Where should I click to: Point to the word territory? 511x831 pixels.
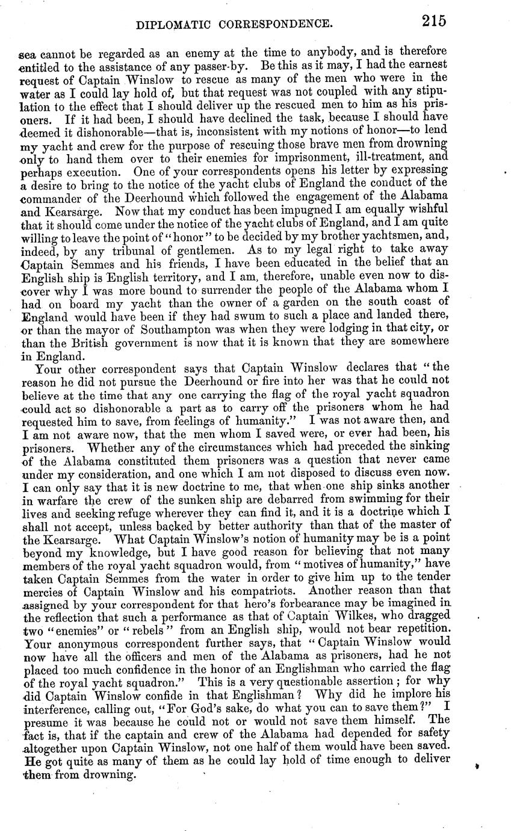pyautogui.click(x=205, y=275)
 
